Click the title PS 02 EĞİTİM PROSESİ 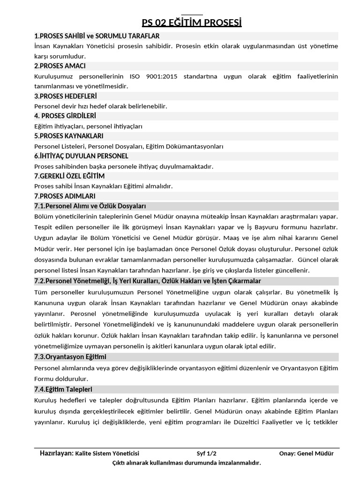(192, 23)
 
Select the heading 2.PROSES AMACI (60, 66)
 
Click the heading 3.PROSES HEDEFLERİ (66, 96)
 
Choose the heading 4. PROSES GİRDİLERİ (65, 116)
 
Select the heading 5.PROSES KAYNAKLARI (68, 136)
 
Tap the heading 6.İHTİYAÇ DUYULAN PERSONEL (81, 156)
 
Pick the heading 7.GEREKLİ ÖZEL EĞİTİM (69, 176)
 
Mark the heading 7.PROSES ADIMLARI (65, 196)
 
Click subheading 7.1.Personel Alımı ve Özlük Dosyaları (90, 206)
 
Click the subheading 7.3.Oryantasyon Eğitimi (70, 357)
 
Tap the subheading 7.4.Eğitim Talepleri (63, 390)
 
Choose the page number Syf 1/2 (207, 453)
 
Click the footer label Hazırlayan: (57, 453)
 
